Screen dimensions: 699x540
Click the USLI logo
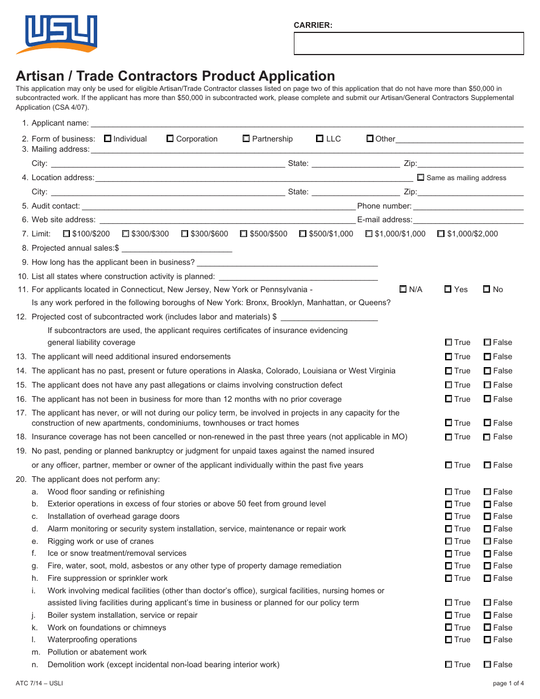57,34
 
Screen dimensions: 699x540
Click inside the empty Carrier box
408,44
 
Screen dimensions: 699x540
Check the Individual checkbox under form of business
108,139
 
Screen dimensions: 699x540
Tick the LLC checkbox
319,139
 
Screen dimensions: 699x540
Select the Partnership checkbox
246,139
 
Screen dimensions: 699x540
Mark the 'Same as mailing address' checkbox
421,177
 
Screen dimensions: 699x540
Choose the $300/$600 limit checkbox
185,234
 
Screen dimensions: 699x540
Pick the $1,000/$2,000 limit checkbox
441,234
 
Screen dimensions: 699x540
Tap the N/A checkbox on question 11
404,289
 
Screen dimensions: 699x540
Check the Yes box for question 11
448,289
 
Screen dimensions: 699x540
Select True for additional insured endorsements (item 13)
448,357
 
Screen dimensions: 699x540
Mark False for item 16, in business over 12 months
487,399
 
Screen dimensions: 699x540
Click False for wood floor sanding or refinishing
487,492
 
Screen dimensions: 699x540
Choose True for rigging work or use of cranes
448,542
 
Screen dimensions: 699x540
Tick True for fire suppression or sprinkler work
448,579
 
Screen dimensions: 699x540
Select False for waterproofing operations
487,640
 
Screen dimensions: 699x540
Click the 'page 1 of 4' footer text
508,683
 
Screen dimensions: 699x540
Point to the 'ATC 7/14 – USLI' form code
39,683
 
